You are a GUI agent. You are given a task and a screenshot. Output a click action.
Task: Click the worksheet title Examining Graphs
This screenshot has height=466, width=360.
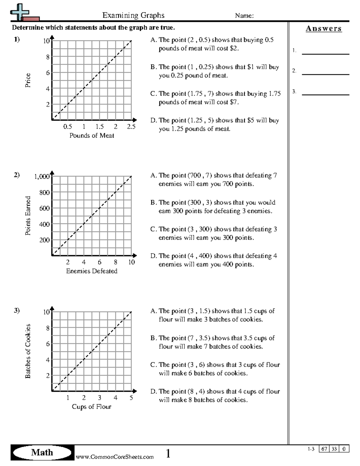pos(133,15)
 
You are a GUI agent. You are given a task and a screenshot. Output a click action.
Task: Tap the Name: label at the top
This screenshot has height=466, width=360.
pos(244,16)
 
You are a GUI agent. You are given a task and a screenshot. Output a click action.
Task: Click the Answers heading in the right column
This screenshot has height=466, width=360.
pos(323,29)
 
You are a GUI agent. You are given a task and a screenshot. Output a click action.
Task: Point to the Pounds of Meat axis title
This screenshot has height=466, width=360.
pos(91,136)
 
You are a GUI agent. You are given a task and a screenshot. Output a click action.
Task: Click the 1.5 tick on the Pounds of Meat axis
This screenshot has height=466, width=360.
pos(100,127)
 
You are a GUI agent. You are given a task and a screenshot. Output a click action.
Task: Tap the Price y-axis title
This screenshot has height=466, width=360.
pos(28,80)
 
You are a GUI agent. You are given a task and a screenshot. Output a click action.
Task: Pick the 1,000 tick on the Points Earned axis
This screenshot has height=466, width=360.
pos(42,176)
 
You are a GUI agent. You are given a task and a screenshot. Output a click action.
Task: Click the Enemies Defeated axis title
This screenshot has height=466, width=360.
pos(91,271)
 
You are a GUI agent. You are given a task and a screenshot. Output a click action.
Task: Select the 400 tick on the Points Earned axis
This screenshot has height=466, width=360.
pos(44,224)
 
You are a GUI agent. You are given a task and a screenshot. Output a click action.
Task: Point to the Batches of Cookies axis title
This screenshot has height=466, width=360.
pos(28,351)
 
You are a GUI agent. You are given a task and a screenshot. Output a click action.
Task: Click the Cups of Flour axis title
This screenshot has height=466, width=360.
pos(91,407)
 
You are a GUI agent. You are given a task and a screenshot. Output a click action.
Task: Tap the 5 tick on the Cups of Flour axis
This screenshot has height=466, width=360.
pos(131,398)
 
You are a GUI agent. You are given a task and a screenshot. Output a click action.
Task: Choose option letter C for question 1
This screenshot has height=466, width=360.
pos(153,94)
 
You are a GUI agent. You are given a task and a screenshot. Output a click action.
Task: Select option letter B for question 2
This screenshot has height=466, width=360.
pos(153,203)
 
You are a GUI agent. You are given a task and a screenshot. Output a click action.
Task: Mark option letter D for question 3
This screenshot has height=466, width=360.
pos(153,392)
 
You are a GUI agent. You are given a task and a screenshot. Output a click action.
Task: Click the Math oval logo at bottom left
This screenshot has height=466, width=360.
pos(42,452)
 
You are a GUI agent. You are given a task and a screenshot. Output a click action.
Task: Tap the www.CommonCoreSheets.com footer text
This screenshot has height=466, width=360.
pos(114,457)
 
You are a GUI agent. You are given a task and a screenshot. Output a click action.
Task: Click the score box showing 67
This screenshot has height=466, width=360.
pos(324,449)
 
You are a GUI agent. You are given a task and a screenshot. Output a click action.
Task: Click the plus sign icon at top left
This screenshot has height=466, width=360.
pos(19,12)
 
